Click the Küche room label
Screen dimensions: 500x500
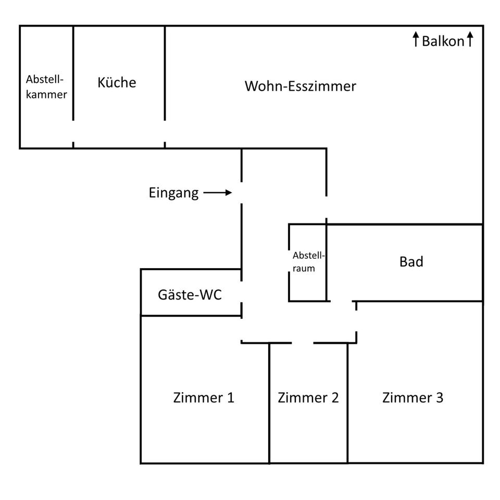117,82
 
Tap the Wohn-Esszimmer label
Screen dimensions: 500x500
301,86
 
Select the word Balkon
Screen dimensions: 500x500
443,41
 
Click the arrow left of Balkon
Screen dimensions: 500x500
416,39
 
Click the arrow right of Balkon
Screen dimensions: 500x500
470,39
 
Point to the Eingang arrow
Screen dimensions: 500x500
218,193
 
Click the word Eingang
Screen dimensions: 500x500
173,193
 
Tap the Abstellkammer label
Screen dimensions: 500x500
46,87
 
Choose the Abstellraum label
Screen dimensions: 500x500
308,262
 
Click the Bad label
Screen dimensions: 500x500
411,261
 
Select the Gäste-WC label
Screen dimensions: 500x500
190,295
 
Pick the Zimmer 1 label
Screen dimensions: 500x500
204,398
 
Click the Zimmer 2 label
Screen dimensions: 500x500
308,398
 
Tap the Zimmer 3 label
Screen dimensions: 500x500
413,398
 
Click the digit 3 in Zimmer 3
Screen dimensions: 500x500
439,398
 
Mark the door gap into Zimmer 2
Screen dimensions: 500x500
303,343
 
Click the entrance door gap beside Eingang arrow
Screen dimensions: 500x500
241,193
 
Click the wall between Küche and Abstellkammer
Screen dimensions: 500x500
73,73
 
